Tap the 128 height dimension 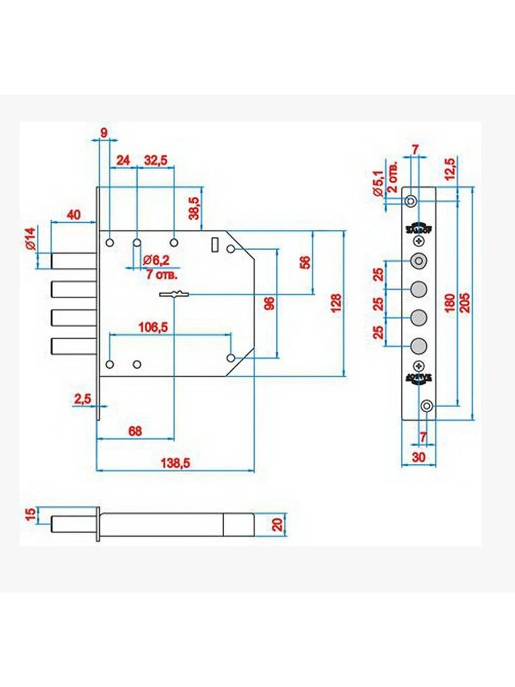pyautogui.click(x=336, y=303)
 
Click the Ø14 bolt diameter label pyautogui.click(x=30, y=238)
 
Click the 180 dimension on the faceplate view pyautogui.click(x=450, y=304)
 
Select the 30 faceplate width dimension pyautogui.click(x=418, y=457)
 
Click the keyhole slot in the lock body pyautogui.click(x=174, y=294)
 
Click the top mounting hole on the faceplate pyautogui.click(x=410, y=201)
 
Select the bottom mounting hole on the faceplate pyautogui.click(x=426, y=406)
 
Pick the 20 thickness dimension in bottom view pyautogui.click(x=277, y=524)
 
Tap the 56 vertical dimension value pyautogui.click(x=305, y=262)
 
